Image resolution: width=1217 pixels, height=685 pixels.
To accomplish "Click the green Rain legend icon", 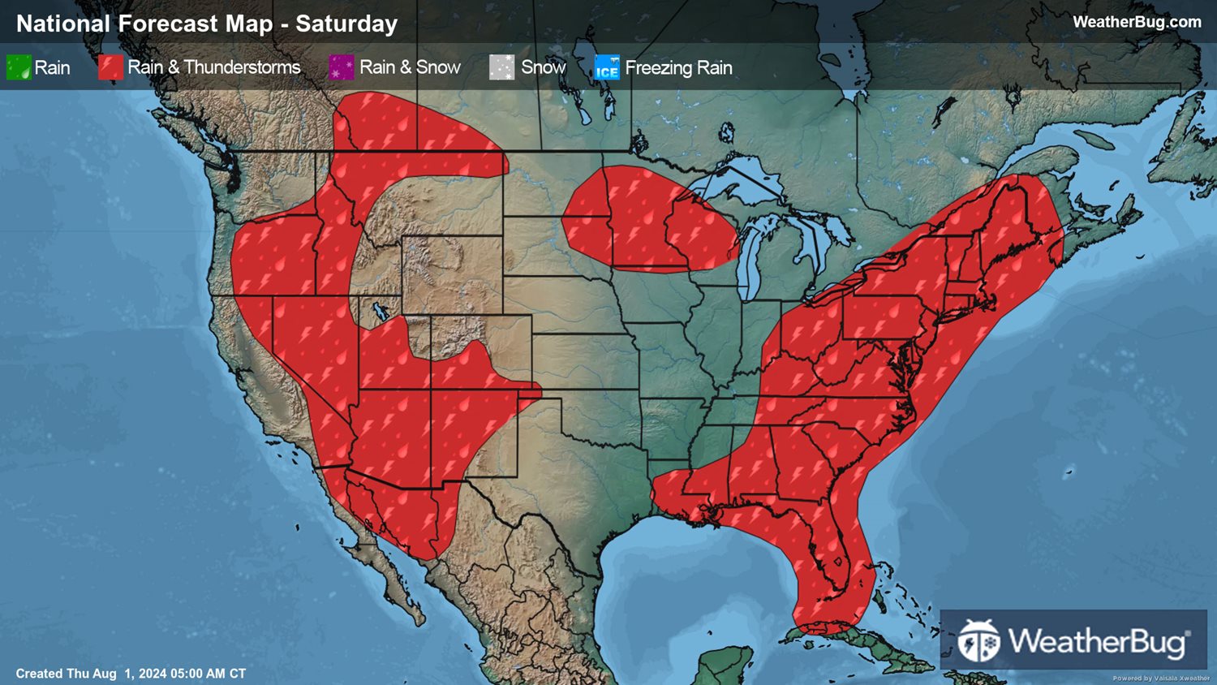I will point(19,67).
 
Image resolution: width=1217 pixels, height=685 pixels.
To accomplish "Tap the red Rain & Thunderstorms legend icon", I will point(110,67).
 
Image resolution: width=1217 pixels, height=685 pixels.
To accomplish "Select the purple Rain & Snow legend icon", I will point(342,67).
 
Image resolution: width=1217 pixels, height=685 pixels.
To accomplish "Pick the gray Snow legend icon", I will point(501,67).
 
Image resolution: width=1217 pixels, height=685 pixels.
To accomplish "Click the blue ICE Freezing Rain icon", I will point(607,67).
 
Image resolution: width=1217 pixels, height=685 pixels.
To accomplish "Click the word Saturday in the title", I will point(346,24).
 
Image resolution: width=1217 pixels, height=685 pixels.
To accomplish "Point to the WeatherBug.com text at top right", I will point(1137,22).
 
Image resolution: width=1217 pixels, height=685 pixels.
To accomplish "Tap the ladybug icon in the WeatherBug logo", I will point(978,641).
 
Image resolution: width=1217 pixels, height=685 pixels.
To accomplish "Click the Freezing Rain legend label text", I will point(678,67).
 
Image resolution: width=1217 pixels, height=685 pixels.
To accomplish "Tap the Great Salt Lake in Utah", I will point(378,310).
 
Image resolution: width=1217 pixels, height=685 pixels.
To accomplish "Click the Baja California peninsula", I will point(381,560).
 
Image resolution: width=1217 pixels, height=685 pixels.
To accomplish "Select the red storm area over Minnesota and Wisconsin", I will point(649,219).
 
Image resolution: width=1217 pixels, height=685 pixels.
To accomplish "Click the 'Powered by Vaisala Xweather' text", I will point(1160,679).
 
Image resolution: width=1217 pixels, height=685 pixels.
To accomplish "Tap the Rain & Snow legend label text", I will point(410,67).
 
